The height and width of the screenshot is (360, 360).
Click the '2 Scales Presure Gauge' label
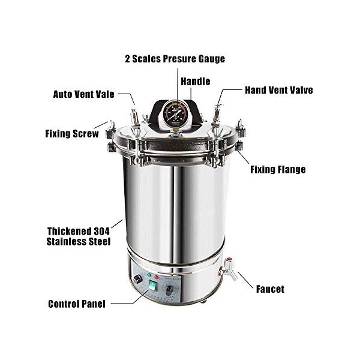[x=175, y=59]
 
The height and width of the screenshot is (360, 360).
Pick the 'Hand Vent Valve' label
[x=278, y=90]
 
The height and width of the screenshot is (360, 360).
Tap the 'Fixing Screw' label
[x=71, y=134]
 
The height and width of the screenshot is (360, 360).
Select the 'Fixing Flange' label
[x=277, y=169]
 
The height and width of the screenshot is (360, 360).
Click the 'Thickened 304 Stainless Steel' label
[x=79, y=236]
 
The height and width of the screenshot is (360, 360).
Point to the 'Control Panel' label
[x=76, y=304]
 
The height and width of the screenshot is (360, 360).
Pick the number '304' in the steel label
[x=101, y=230]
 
